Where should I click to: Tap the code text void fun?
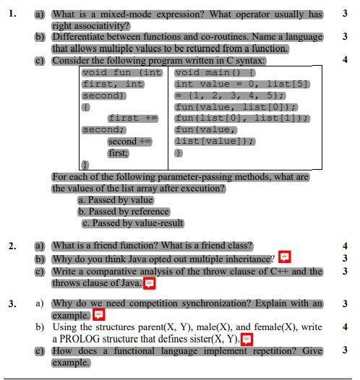[110, 72]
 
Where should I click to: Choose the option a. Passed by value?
[116, 200]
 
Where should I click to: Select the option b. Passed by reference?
[124, 212]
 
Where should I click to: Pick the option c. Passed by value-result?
[132, 223]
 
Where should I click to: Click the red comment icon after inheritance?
[285, 258]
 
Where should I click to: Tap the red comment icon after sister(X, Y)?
[247, 339]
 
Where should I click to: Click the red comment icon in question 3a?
[98, 315]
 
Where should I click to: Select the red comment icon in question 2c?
[150, 283]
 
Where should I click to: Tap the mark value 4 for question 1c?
[346, 60]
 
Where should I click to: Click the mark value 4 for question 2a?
[346, 246]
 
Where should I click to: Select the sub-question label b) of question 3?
[40, 327]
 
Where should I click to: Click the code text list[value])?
[214, 142]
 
